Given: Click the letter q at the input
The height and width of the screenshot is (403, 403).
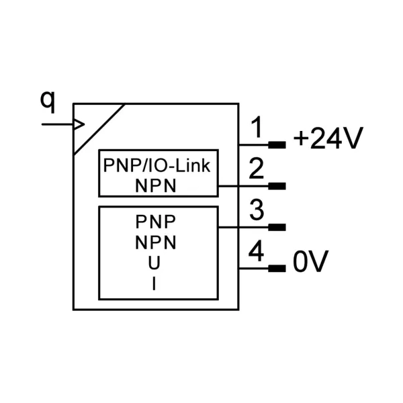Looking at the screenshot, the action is (48, 102).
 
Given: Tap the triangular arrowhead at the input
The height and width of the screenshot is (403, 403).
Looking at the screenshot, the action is (79, 124).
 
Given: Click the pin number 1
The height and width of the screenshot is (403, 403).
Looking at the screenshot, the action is (256, 127).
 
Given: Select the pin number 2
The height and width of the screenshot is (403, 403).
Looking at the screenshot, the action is (257, 169).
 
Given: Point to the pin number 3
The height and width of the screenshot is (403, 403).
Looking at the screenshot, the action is (257, 210).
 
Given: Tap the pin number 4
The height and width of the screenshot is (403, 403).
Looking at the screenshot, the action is (257, 251).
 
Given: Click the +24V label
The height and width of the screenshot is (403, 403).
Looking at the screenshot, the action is (328, 138).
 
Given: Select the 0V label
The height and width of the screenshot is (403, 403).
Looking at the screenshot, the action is (311, 261).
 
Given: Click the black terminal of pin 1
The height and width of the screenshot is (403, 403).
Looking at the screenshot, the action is (277, 145).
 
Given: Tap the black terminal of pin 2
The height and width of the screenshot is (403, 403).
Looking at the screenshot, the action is (277, 186).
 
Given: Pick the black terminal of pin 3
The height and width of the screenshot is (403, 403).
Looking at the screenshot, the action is (277, 227).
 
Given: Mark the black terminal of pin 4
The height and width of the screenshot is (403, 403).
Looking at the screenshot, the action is (277, 269).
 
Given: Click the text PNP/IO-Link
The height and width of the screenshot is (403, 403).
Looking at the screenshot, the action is (156, 165).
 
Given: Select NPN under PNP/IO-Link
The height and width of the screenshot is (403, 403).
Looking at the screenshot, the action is (156, 186).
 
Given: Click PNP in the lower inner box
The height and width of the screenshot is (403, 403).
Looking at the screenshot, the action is (156, 222).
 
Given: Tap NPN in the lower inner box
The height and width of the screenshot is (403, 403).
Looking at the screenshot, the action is (156, 242).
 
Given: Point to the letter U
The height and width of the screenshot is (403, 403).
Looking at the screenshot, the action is (154, 263).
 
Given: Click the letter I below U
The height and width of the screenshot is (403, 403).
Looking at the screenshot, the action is (154, 283).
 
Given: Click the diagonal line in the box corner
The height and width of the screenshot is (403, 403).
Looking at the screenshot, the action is (99, 129).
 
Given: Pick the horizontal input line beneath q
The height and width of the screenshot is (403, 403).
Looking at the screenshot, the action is (58, 124).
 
